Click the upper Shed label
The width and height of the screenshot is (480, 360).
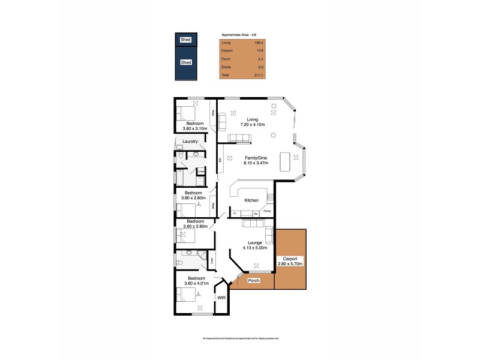click(186, 40)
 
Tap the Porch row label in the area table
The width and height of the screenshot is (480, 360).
click(226, 59)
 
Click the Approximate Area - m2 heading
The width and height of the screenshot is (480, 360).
click(239, 35)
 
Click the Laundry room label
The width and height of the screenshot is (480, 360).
click(190, 142)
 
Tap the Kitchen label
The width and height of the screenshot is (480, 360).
click(251, 200)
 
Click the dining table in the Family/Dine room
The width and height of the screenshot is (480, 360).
click(285, 160)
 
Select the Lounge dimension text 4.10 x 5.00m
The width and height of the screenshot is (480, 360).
click(251, 248)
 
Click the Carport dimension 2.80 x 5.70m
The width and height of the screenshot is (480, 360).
click(290, 263)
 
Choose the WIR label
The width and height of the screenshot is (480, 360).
click(221, 298)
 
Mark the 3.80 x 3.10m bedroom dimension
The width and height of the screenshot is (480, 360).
click(194, 128)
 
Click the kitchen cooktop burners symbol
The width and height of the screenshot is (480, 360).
click(271, 197)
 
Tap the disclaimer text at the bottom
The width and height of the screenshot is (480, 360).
click(240, 339)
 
